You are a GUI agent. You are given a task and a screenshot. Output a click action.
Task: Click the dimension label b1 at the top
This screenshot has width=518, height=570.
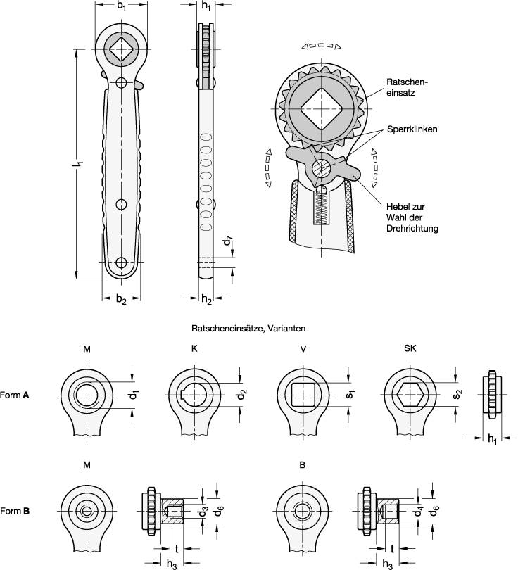(x=122, y=6)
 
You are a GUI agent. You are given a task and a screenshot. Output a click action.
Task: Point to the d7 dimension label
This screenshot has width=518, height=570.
(x=227, y=241)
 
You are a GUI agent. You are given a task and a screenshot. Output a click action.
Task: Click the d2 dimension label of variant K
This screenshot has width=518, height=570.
(x=241, y=395)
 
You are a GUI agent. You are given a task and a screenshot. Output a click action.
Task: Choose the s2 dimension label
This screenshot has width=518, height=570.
(x=458, y=395)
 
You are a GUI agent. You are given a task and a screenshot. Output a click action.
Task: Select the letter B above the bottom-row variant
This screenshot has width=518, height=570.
(x=302, y=465)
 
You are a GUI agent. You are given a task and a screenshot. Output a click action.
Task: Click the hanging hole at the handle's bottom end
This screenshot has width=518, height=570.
(x=121, y=263)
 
